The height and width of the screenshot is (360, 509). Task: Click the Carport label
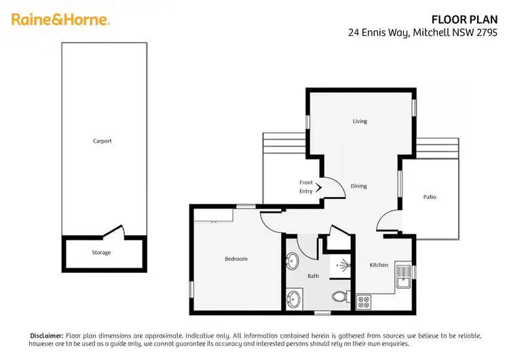(x=102, y=141)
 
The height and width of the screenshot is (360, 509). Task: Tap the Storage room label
(x=102, y=253)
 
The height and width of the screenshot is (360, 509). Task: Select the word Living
(x=360, y=122)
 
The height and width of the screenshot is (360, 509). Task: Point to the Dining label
(x=359, y=186)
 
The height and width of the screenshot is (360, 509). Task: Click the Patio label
(x=430, y=197)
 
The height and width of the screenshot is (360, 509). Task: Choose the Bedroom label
(x=236, y=259)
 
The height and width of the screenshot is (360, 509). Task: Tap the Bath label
(x=313, y=276)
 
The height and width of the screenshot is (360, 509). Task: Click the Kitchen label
(x=379, y=265)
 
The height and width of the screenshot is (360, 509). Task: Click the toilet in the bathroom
(x=341, y=297)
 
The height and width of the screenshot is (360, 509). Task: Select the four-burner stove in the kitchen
(x=363, y=299)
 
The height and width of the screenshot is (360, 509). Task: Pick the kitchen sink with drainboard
(x=403, y=274)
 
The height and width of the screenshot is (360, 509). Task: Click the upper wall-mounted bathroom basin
(x=293, y=261)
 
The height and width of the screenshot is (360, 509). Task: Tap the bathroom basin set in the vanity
(x=295, y=299)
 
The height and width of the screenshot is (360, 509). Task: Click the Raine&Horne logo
(x=60, y=20)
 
